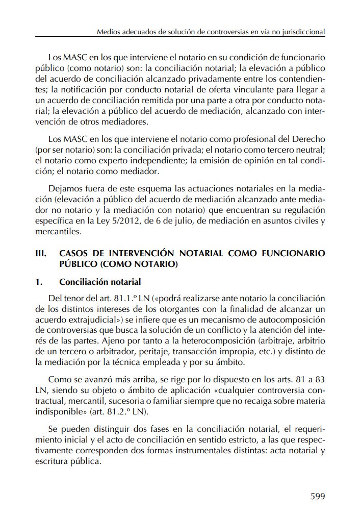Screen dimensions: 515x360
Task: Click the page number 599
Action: coord(318,496)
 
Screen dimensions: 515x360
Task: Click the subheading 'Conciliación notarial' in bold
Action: coord(100,282)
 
